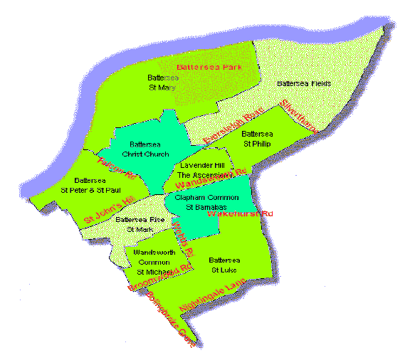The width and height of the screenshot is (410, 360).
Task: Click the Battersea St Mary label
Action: point(161,82)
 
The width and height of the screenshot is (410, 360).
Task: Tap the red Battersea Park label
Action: point(210,66)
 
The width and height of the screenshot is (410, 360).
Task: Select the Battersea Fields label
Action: point(303,84)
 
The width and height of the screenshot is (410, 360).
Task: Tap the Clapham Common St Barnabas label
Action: point(205,203)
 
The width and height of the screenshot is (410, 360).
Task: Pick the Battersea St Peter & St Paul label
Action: point(89,185)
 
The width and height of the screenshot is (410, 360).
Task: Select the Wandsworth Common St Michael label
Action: point(154,262)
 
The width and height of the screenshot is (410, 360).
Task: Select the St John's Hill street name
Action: point(109,211)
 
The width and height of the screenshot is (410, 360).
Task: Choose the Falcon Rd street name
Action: point(115,166)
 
